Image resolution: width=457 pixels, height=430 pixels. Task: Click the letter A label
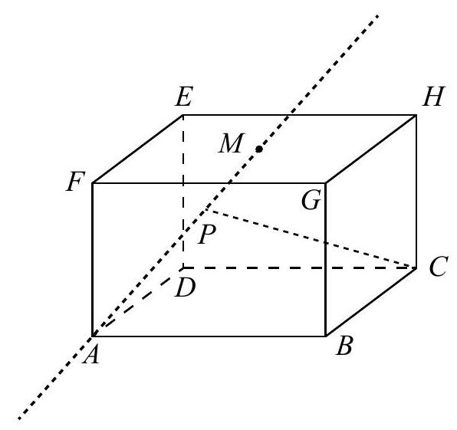pyautogui.click(x=91, y=356)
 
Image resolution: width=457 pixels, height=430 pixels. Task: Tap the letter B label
pyautogui.click(x=344, y=346)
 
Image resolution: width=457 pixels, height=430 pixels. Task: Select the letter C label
pyautogui.click(x=438, y=266)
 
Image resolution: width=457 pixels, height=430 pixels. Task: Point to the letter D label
pyautogui.click(x=185, y=287)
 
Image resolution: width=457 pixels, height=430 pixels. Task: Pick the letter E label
pyautogui.click(x=184, y=97)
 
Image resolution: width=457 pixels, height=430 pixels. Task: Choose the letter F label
pyautogui.click(x=75, y=182)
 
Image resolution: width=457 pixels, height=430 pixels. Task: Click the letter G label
pyautogui.click(x=311, y=200)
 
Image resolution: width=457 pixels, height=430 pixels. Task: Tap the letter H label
pyautogui.click(x=434, y=97)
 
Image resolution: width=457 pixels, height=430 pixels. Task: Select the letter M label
pyautogui.click(x=231, y=143)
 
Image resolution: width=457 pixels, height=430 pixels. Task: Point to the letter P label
pyautogui.click(x=206, y=235)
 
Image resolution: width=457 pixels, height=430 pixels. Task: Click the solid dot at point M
pyautogui.click(x=259, y=149)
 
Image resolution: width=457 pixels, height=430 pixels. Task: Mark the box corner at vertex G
pyautogui.click(x=325, y=183)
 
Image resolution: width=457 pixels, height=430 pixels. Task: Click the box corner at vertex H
pyautogui.click(x=416, y=115)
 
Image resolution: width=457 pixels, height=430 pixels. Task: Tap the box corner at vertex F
pyautogui.click(x=92, y=183)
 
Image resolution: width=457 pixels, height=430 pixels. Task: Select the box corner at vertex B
pyautogui.click(x=325, y=336)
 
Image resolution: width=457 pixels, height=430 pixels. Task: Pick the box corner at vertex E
pyautogui.click(x=183, y=115)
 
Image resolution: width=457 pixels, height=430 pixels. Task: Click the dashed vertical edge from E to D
pyautogui.click(x=183, y=192)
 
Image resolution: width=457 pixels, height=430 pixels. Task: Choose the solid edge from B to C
pyautogui.click(x=370, y=302)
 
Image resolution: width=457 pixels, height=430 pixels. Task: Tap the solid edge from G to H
pyautogui.click(x=370, y=149)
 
